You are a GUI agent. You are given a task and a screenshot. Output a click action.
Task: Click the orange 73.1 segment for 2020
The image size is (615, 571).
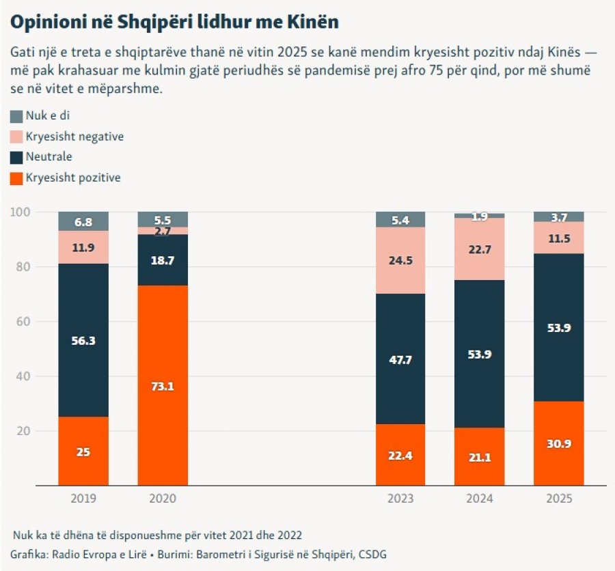point(163,385)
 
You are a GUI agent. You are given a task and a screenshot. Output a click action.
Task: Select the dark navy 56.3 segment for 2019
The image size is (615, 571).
point(83,340)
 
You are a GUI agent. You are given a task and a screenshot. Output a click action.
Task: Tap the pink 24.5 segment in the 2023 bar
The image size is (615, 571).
point(400,260)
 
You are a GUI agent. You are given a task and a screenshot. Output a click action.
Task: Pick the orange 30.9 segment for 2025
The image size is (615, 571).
point(558,443)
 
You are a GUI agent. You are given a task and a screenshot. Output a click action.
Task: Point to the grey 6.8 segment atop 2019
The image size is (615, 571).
point(83,221)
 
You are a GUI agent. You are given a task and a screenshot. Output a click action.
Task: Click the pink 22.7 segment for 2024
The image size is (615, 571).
point(479,249)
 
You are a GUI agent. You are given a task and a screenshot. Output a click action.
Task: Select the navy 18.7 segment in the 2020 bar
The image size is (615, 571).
point(163,260)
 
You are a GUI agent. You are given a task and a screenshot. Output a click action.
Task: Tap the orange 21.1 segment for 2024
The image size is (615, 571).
point(479,456)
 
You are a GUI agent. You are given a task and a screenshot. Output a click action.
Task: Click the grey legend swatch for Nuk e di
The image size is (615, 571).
point(16,117)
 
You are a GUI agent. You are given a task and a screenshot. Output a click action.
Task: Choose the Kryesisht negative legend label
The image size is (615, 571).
point(74,137)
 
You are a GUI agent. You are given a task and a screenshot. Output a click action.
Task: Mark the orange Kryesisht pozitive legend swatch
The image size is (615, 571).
point(16,178)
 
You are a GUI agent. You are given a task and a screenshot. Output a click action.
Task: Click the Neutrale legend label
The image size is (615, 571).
point(49,157)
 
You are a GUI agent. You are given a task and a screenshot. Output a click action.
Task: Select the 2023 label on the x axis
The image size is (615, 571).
point(400,499)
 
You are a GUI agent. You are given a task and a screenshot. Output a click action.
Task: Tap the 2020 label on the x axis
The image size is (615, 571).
point(163,499)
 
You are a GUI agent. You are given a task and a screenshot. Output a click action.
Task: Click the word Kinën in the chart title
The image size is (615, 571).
point(314,22)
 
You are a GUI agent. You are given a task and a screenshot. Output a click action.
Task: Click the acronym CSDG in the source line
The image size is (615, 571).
point(373,555)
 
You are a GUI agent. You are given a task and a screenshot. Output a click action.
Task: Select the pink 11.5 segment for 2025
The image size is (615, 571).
point(558,238)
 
